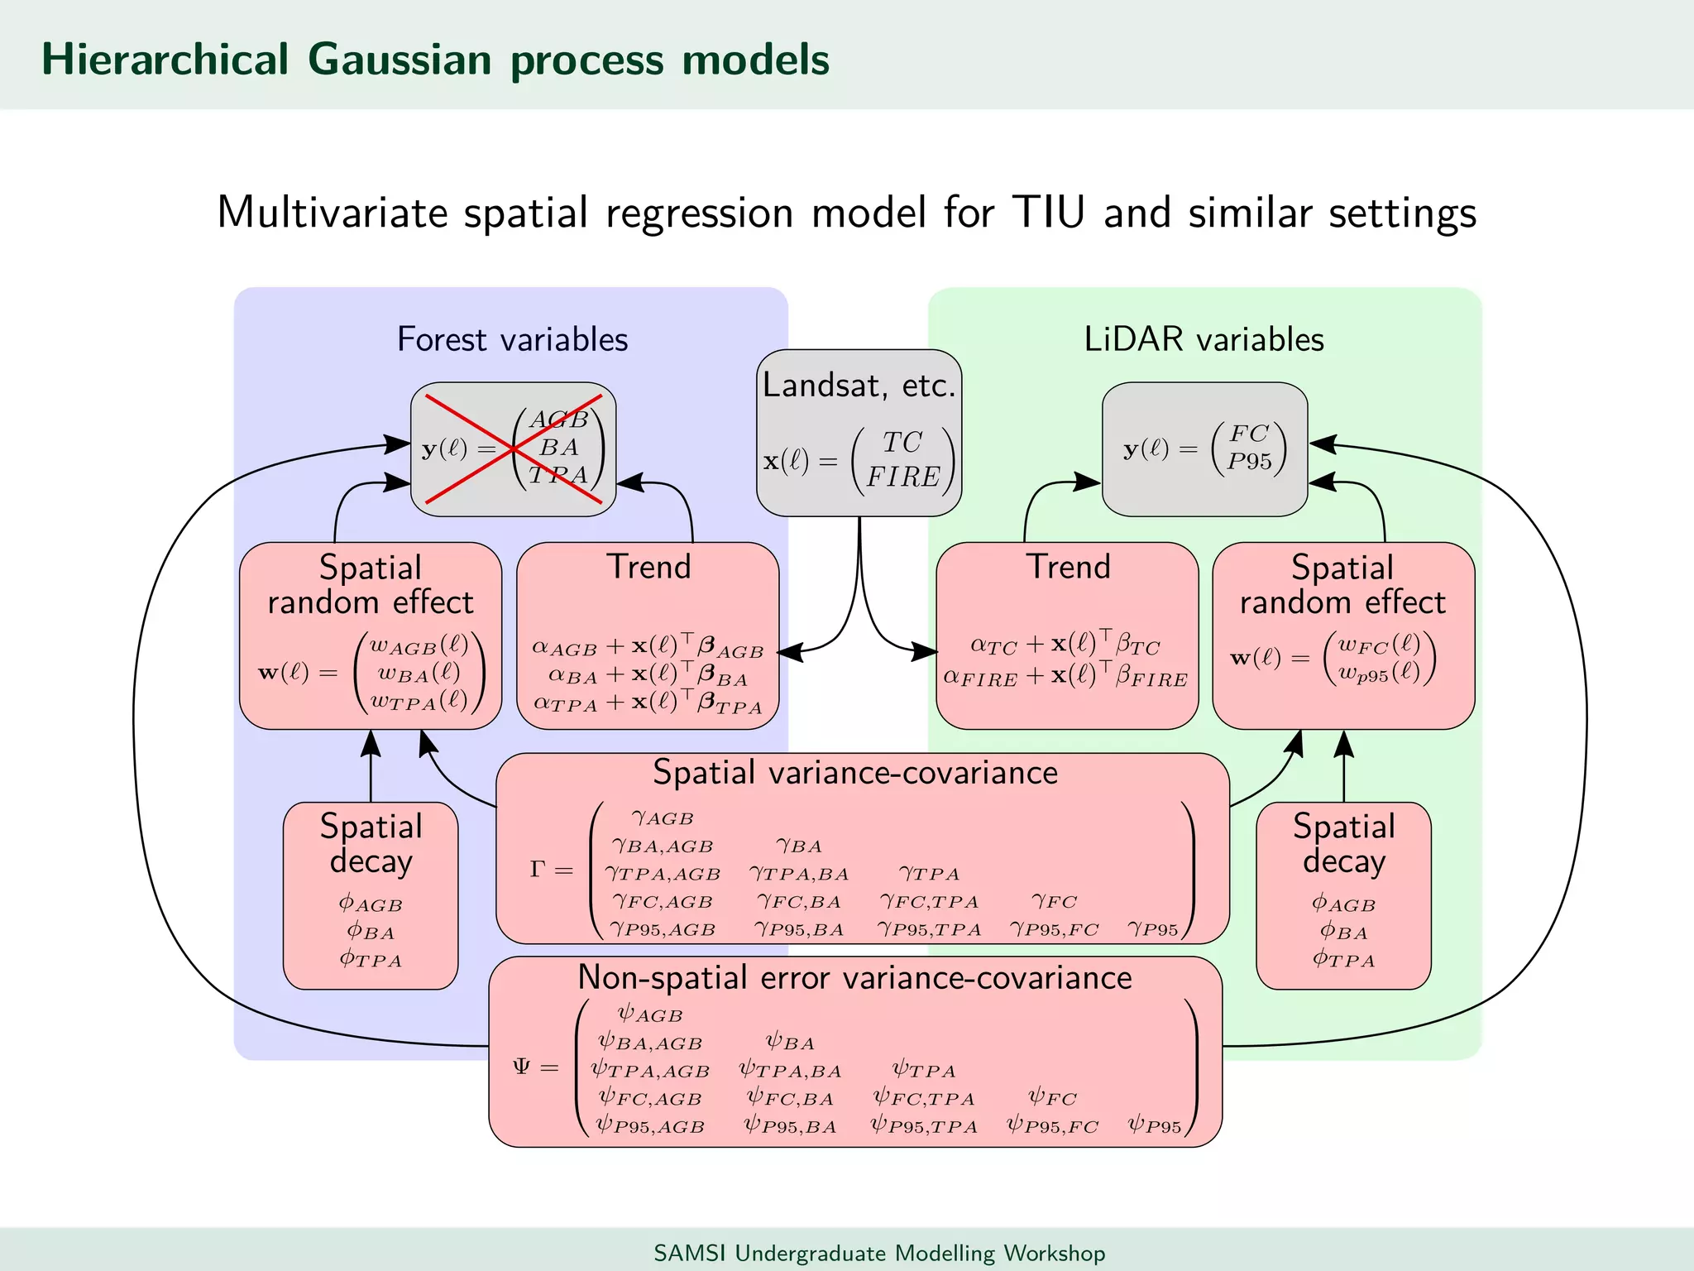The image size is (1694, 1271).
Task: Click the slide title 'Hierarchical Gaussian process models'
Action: tap(435, 60)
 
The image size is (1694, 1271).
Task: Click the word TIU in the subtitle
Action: tap(1048, 213)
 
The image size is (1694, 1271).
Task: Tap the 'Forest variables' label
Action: tap(512, 339)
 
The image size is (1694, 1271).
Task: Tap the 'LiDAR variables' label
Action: tap(1204, 339)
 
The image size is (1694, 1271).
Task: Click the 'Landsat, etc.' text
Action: tap(859, 386)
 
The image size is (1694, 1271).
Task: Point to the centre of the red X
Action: tap(514, 449)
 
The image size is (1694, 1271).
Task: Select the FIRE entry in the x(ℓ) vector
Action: tap(903, 477)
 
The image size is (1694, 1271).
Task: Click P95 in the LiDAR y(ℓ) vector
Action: tap(1249, 462)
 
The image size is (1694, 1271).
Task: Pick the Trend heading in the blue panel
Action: tap(648, 567)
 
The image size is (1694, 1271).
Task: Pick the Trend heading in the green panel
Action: tap(1068, 567)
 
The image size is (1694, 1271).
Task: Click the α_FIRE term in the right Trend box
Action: tap(980, 678)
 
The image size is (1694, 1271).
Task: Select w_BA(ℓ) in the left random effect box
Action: tap(419, 673)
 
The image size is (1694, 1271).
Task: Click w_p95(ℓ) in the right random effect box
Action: tap(1379, 673)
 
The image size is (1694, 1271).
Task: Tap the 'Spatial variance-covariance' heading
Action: tap(855, 772)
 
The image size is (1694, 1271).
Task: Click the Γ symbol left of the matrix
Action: tap(538, 869)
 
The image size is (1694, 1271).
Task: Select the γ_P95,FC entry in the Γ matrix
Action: tap(1054, 929)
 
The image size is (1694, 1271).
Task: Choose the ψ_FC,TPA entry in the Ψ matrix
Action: tap(924, 1098)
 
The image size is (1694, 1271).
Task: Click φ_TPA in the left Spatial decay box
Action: tap(371, 960)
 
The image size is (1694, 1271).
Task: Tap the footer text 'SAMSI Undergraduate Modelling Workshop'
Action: tap(879, 1253)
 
